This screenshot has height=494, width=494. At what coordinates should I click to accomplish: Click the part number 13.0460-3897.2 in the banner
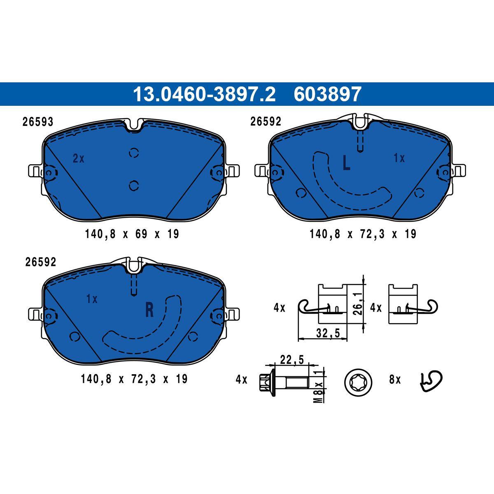204,94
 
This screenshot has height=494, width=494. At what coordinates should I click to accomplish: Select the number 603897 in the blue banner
327,94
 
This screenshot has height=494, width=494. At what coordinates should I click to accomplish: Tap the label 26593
38,122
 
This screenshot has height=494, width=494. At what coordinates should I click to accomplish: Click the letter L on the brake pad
346,163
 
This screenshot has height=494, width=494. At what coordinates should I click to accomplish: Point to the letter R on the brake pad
149,310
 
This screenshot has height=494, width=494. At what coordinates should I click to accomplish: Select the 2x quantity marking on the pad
79,158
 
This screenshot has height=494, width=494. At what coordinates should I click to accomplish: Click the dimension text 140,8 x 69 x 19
132,234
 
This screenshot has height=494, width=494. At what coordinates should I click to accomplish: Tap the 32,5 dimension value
328,333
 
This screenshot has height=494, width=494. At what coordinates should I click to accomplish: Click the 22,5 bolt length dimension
292,360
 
